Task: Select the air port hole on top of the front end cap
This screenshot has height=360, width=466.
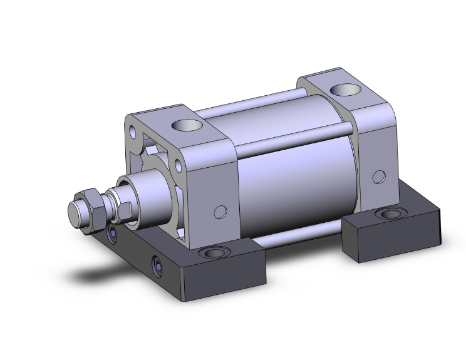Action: coord(189,125)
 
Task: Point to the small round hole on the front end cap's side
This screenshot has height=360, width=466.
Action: coord(219,212)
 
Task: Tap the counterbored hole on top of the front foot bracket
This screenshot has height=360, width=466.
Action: coord(215,254)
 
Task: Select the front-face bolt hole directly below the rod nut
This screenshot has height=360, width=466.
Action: coord(113,234)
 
